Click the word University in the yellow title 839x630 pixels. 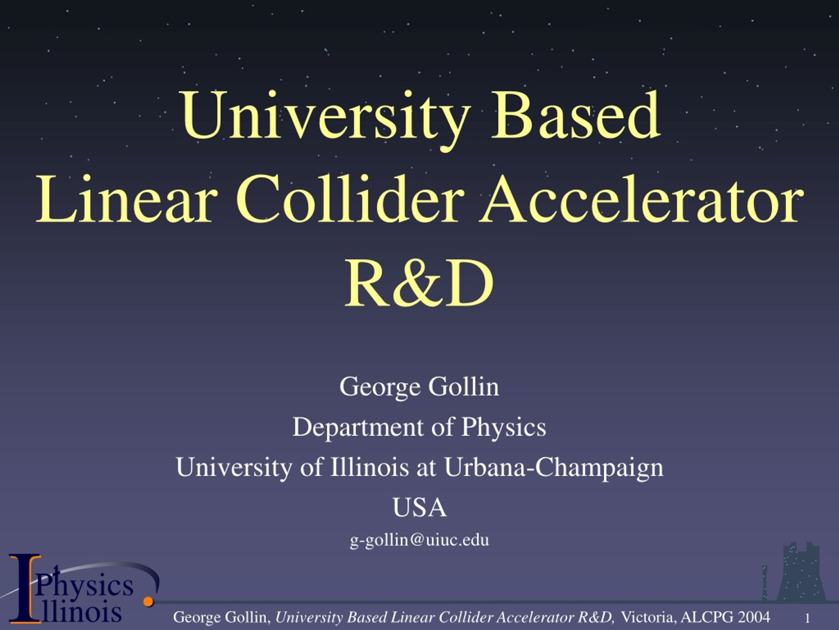pyautogui.click(x=326, y=120)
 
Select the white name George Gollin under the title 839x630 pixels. pyautogui.click(x=419, y=387)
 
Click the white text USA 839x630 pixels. pyautogui.click(x=419, y=507)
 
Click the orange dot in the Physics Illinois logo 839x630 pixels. pyautogui.click(x=148, y=601)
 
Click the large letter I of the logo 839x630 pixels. pyautogui.click(x=25, y=589)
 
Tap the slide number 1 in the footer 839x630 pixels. pyautogui.click(x=808, y=619)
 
